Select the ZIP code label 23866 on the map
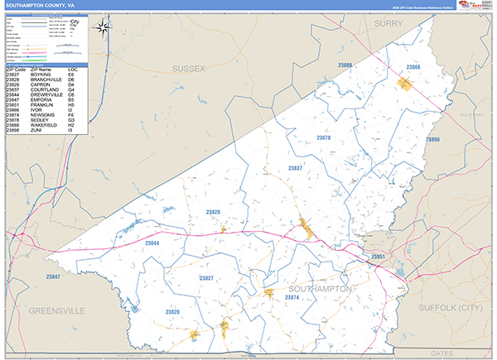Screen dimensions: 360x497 [x=413, y=67]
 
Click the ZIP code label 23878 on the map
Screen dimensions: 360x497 [x=324, y=137]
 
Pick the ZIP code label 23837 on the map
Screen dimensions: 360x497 [x=295, y=168]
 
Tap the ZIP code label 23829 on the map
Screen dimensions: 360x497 [x=213, y=213]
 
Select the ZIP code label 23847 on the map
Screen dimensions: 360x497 [x=54, y=276]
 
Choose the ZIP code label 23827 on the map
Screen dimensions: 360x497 [x=206, y=278]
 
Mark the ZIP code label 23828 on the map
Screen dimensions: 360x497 [x=171, y=312]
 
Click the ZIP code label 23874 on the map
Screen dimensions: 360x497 [x=293, y=297]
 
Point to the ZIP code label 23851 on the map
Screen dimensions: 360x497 [x=378, y=258]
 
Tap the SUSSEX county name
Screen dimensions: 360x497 [x=188, y=67]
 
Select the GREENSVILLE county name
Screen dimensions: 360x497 [x=57, y=311]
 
